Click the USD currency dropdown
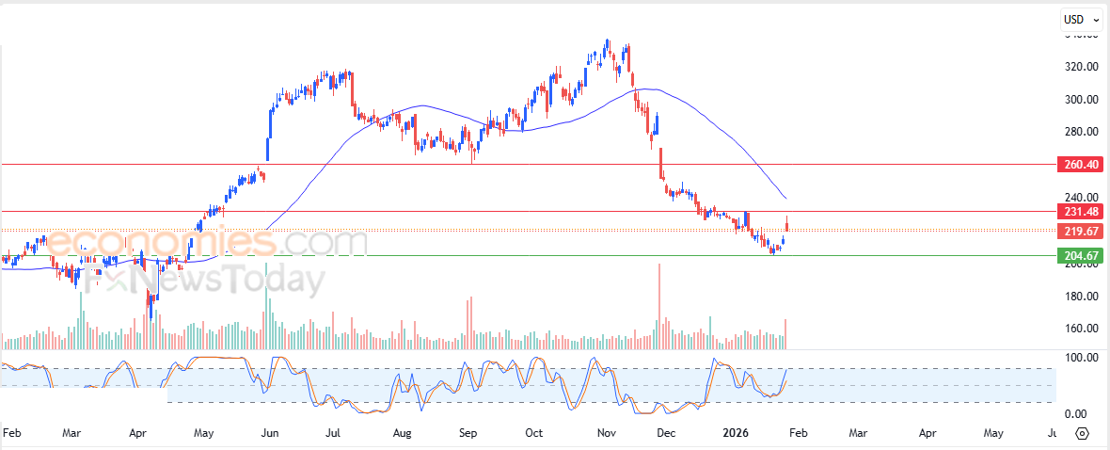coord(1079,19)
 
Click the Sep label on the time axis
coord(468,434)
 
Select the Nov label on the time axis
coord(606,434)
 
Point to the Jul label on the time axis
coord(332,434)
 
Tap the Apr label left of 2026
coord(137,434)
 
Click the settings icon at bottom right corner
coord(1082,434)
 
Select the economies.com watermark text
coord(207,243)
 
